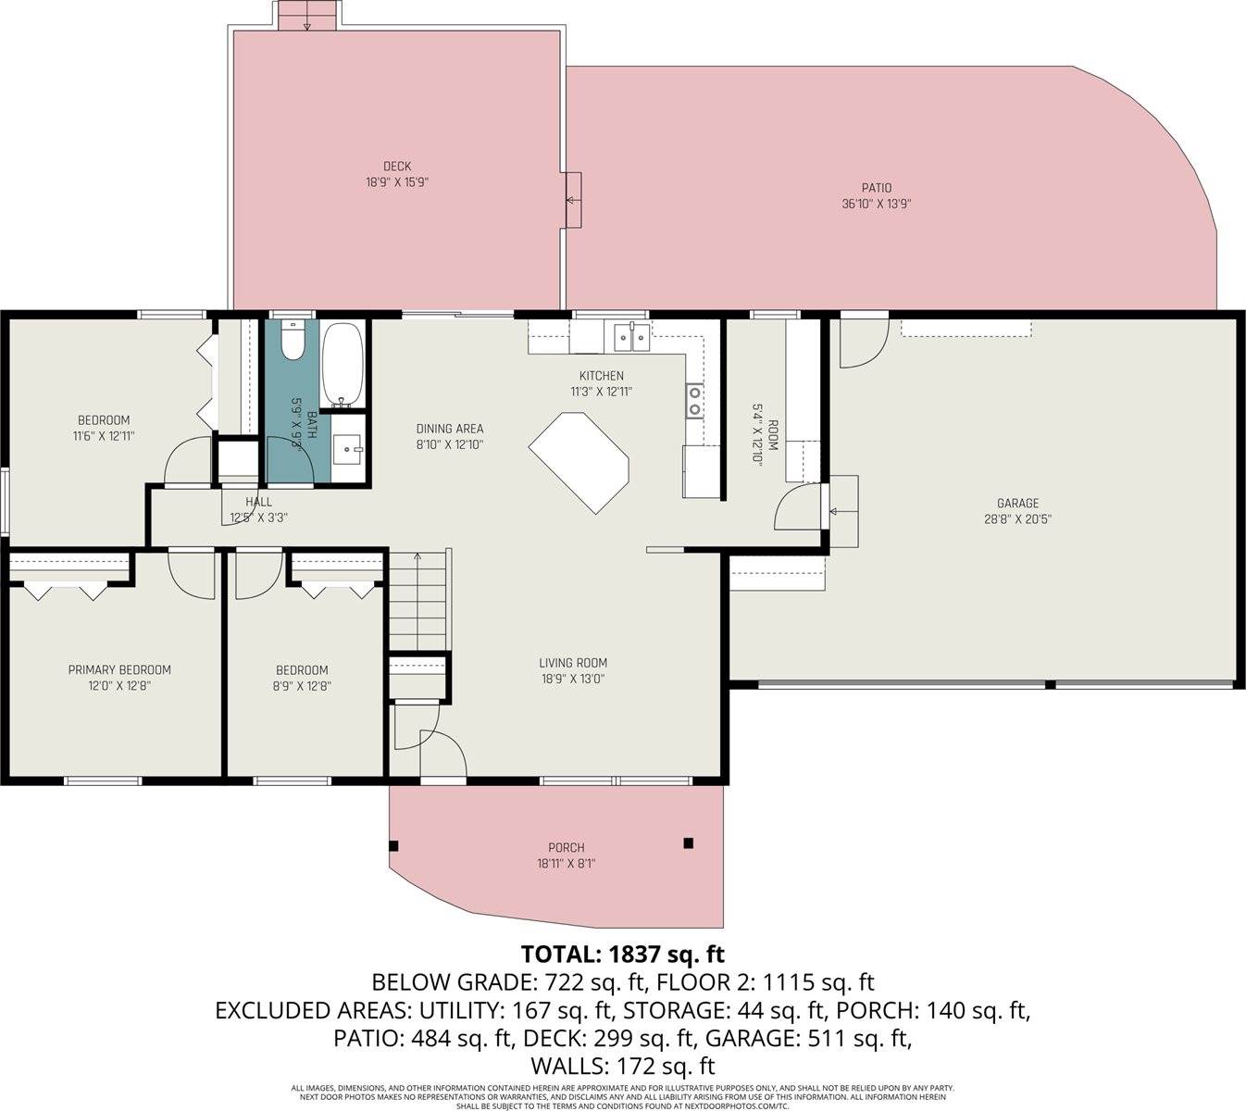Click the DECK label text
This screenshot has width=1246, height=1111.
click(396, 167)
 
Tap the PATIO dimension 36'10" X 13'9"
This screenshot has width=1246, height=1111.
click(876, 205)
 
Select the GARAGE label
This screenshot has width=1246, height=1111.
click(1017, 504)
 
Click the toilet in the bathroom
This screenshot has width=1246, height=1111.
click(292, 340)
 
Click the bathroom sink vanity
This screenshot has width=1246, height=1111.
click(348, 452)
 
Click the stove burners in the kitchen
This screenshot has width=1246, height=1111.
click(693, 401)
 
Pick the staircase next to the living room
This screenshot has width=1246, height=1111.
click(418, 602)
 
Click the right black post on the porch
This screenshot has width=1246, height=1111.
click(688, 843)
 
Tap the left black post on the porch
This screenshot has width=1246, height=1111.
click(393, 845)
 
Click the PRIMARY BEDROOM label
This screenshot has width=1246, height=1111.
click(119, 670)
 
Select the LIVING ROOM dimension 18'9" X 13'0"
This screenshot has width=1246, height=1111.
click(573, 679)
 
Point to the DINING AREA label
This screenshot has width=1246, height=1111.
click(450, 429)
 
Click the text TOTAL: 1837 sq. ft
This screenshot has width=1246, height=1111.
click(622, 954)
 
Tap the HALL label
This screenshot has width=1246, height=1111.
click(259, 502)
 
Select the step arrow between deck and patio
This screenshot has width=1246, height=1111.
click(573, 200)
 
